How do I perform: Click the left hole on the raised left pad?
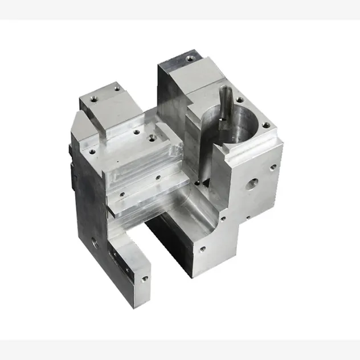tap(95, 99)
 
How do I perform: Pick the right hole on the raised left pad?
tap(117, 88)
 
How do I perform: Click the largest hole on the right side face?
tap(251, 183)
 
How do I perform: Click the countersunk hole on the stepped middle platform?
tap(151, 137)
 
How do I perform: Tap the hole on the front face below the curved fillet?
tap(201, 249)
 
